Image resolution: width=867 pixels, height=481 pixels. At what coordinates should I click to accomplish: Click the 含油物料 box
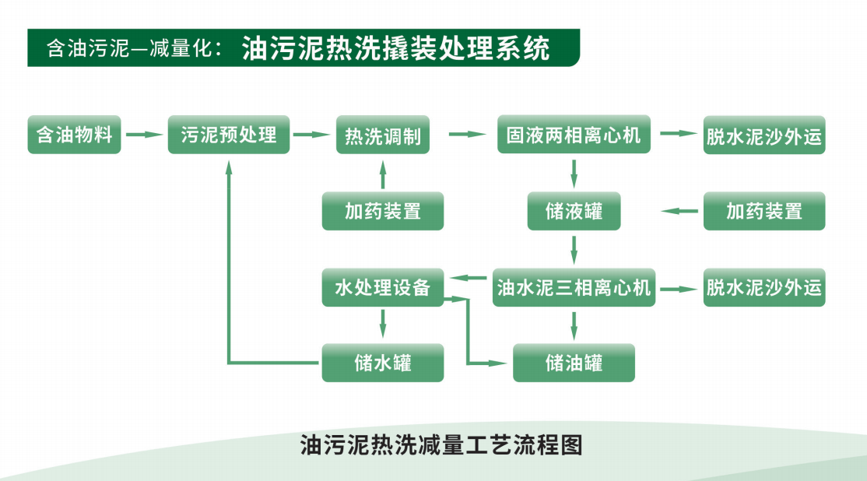(x=74, y=135)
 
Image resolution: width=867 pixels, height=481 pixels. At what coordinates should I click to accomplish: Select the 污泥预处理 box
(x=229, y=135)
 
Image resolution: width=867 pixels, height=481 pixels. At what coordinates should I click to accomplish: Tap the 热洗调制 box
(x=383, y=135)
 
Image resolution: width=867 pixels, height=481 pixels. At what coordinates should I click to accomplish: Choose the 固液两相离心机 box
(x=574, y=135)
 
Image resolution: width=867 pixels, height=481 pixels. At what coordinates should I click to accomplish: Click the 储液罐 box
(x=574, y=211)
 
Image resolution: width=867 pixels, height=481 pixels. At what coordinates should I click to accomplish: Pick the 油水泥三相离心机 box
(x=574, y=287)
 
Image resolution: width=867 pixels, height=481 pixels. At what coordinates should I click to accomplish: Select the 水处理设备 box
(x=382, y=287)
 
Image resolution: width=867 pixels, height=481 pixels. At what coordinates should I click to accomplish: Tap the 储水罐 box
(x=382, y=363)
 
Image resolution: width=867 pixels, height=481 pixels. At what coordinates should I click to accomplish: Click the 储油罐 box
(x=574, y=363)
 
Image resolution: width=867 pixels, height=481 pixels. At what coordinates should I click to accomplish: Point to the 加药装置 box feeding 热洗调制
(x=382, y=211)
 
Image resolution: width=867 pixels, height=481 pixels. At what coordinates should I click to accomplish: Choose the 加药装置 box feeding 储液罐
(x=763, y=211)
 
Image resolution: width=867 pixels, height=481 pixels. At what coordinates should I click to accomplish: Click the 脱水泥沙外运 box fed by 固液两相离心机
(x=763, y=135)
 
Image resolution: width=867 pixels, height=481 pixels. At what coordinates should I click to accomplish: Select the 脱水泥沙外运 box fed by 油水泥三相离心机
(x=763, y=287)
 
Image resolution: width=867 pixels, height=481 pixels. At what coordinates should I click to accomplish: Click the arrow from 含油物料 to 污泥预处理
(x=145, y=135)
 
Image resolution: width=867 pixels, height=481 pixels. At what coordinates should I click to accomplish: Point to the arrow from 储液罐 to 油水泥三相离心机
(x=574, y=249)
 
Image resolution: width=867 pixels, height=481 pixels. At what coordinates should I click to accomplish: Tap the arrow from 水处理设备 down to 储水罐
(x=382, y=323)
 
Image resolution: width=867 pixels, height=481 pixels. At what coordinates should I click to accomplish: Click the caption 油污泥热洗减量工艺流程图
(x=441, y=445)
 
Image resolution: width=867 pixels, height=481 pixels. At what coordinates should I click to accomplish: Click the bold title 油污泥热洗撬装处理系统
(x=395, y=48)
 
